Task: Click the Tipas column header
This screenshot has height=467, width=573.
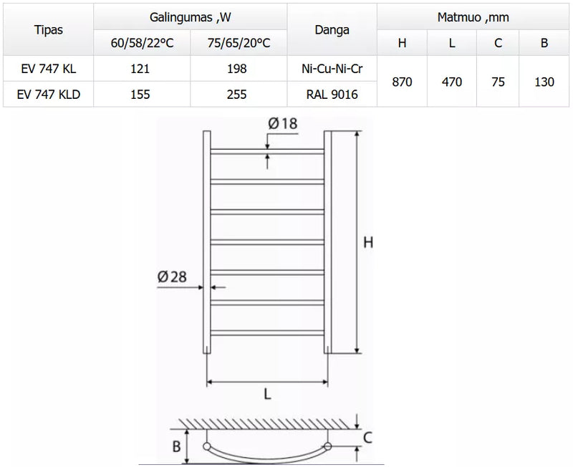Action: click(x=48, y=29)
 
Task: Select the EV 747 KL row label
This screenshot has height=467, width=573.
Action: click(x=49, y=69)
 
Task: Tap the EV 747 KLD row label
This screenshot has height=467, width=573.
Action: click(x=49, y=95)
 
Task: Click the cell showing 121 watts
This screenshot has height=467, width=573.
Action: click(x=140, y=69)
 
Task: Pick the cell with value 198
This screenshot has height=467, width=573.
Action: click(x=237, y=69)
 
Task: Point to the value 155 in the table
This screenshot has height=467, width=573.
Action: click(x=140, y=95)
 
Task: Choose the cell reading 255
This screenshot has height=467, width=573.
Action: click(x=237, y=95)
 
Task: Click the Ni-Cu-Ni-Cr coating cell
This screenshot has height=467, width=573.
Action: click(x=332, y=69)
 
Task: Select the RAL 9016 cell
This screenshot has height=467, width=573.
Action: click(x=332, y=95)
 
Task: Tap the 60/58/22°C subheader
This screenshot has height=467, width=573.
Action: click(x=142, y=43)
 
